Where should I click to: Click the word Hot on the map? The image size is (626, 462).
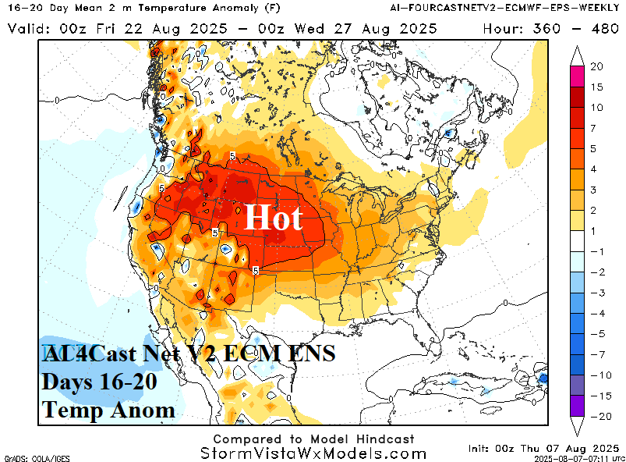[x=273, y=216]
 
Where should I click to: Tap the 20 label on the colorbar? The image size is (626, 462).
[x=596, y=67]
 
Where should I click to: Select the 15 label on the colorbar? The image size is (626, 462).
[x=596, y=87]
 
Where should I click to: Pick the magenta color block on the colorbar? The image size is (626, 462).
[x=577, y=77]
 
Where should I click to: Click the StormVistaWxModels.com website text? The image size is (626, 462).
[x=313, y=453]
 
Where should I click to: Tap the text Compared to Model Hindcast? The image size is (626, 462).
[x=313, y=439]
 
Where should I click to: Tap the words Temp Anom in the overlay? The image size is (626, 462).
[x=108, y=409]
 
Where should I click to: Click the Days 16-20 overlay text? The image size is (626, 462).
[x=100, y=382]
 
